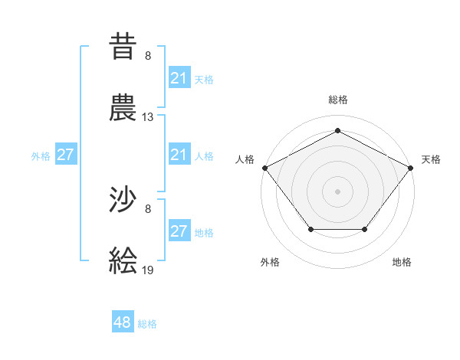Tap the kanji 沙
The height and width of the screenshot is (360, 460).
[123, 201]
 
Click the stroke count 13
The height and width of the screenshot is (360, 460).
[148, 117]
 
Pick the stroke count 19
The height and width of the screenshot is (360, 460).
[148, 270]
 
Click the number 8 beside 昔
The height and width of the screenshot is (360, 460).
[148, 56]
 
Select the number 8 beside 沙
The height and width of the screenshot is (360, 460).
[148, 208]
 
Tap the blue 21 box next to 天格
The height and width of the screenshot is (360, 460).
[179, 78]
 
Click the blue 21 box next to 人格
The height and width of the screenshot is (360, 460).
[179, 155]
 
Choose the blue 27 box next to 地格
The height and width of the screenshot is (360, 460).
[179, 231]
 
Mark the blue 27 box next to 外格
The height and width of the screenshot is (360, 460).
[66, 155]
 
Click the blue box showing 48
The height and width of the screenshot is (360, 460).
[123, 322]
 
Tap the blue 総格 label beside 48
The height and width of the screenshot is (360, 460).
[147, 324]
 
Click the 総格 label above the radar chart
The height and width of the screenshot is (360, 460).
[337, 100]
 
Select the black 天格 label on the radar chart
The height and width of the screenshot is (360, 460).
[431, 159]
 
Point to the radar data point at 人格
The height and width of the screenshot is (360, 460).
[264, 167]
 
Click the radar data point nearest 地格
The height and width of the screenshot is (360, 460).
[365, 229]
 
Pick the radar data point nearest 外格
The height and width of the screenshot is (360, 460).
[310, 229]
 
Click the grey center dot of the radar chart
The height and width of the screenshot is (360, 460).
[337, 191]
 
